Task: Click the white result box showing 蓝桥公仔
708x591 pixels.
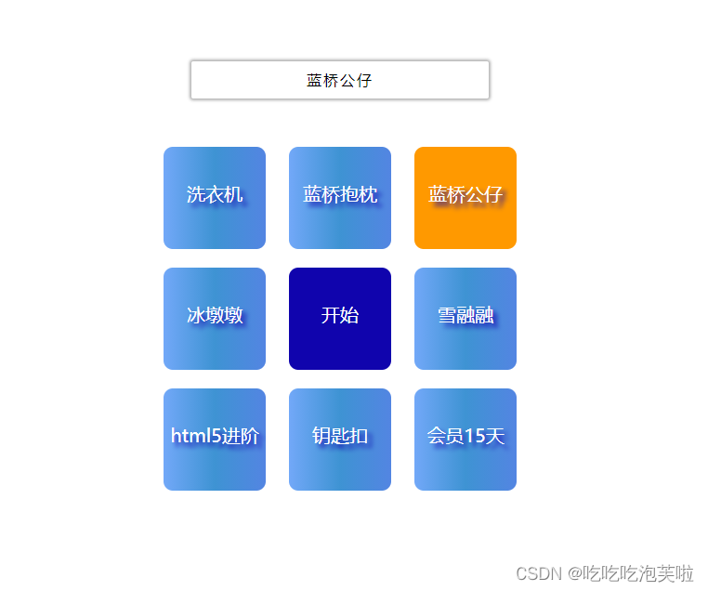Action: tap(340, 80)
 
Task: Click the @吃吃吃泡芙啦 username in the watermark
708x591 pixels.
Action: tap(631, 573)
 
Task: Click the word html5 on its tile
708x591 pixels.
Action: tap(191, 436)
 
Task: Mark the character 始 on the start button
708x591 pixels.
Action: tap(349, 315)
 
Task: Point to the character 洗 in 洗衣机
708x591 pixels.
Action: tap(196, 194)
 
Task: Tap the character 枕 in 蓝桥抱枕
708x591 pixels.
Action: tap(368, 194)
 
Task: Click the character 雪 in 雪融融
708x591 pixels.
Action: tap(447, 315)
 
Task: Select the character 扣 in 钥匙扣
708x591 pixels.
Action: tap(360, 436)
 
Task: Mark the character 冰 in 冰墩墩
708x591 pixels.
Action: tap(196, 315)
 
